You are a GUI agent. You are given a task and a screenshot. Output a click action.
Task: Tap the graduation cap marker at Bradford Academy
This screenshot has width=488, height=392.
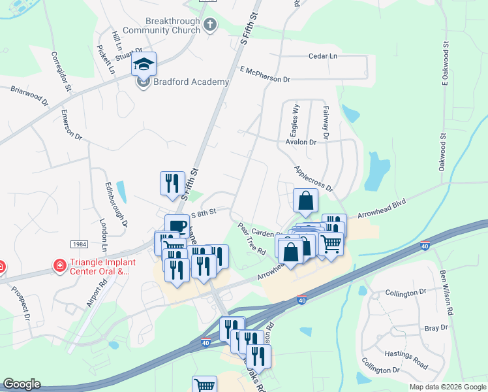click(x=144, y=64)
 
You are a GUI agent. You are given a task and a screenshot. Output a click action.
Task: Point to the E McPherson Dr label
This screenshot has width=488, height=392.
click(x=264, y=74)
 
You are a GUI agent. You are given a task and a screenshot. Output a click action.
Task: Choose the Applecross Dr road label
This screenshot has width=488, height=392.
click(x=314, y=178)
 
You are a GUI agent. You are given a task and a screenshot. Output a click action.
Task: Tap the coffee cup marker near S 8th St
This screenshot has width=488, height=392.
click(x=176, y=225)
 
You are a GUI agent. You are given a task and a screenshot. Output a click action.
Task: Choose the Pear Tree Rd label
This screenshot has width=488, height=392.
click(x=252, y=239)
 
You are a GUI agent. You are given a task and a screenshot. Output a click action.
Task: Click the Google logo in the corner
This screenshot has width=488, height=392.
click(x=21, y=384)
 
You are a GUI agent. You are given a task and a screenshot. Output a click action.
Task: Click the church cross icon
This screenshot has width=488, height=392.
click(x=209, y=25)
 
